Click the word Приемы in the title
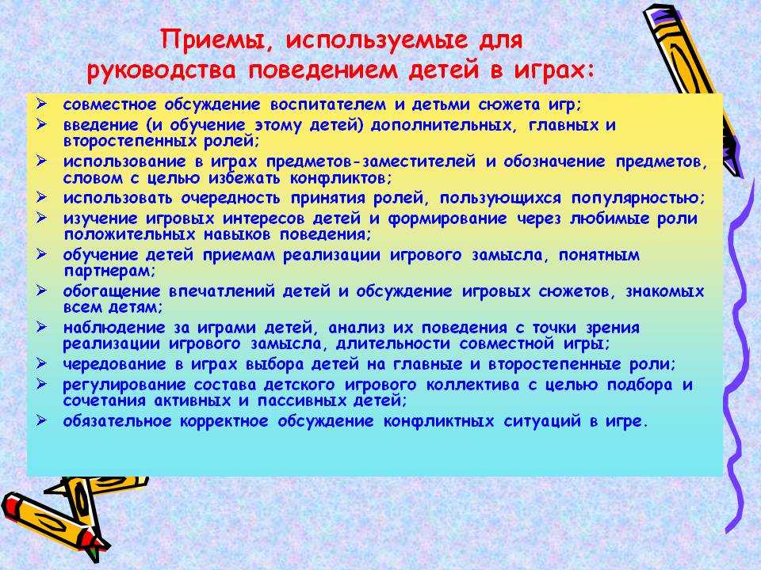[x=215, y=40]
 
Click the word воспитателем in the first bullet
[x=328, y=105]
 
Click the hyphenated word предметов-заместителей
[x=370, y=161]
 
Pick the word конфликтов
[x=340, y=178]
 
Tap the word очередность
[x=231, y=199]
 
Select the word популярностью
[x=637, y=199]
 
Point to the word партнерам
[x=109, y=272]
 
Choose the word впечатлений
[x=221, y=292]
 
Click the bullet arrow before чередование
[x=42, y=363]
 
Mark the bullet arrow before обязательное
[x=42, y=420]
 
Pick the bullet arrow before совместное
[x=42, y=104]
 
